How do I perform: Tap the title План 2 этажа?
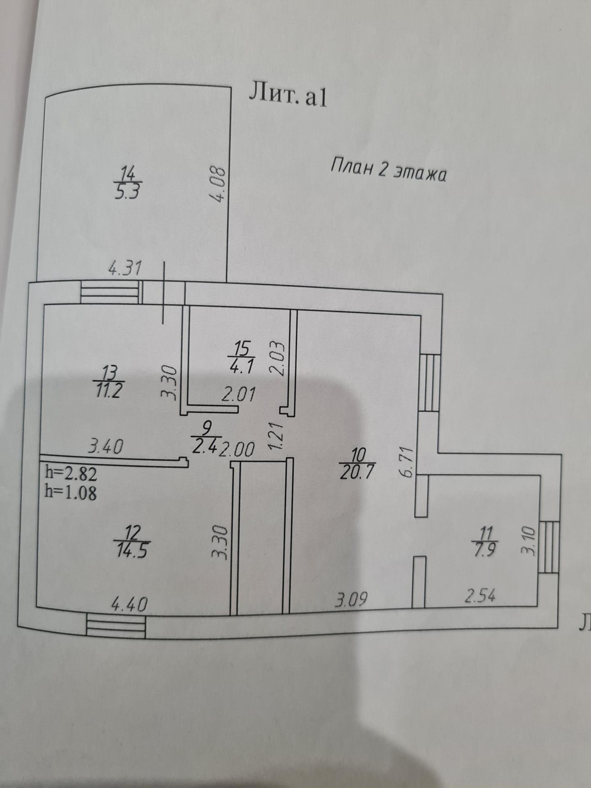coord(388,169)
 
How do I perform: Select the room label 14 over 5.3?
coord(129,184)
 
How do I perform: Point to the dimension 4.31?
coord(125,268)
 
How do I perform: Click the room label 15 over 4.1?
coord(241,357)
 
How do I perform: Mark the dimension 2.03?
coord(277,358)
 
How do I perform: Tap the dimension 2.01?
coord(238,393)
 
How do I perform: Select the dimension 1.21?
coord(277,434)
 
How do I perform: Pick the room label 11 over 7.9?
coord(486,541)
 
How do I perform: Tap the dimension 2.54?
coord(480,595)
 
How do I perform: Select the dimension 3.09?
coord(351,599)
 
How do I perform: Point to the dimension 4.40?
coord(129,604)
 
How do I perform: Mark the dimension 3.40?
coord(106,447)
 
